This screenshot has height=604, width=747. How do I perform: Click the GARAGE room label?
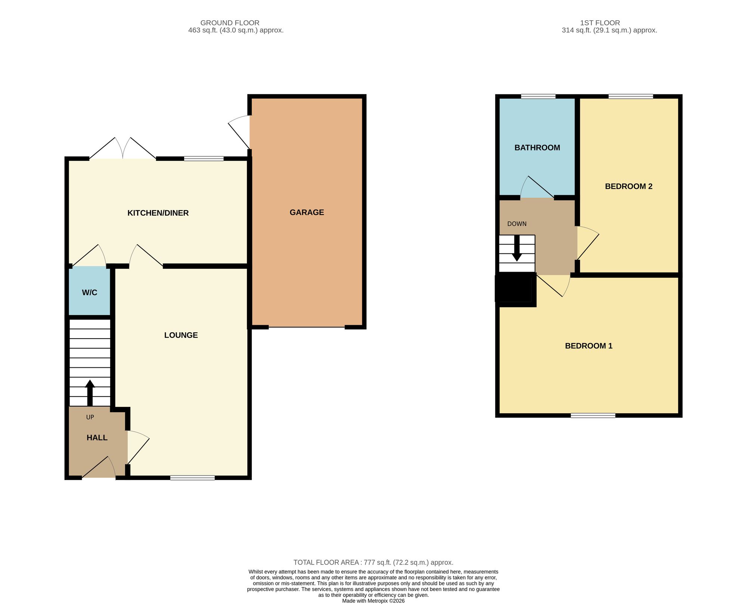pos(307,212)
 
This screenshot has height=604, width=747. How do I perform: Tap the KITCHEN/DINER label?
pos(158,213)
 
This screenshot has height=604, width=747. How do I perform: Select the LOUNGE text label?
pos(181,335)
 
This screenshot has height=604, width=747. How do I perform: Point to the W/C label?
pos(90,293)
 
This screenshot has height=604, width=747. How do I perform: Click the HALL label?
pos(97,438)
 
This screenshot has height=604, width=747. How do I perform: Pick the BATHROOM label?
pos(537,148)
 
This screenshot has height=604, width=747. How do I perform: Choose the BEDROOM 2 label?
pos(629,187)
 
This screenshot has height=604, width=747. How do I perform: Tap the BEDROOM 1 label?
pos(589,346)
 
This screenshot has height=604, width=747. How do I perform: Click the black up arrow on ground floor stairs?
pos(90,393)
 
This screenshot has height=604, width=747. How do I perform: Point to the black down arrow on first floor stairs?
pos(517,248)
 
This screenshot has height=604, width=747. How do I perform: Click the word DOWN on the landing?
pos(517,224)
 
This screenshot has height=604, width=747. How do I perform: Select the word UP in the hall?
pos(90,417)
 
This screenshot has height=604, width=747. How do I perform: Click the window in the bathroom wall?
pos(538,96)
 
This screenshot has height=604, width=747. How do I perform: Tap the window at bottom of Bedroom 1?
pos(593,415)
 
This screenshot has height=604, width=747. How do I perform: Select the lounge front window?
pos(193,477)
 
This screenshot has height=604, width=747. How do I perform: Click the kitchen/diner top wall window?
pos(204,159)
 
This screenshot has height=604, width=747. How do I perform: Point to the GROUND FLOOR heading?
pos(230,23)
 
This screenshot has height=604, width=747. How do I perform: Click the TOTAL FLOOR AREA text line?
pos(373,563)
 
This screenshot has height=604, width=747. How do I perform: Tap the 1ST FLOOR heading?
pos(600,23)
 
